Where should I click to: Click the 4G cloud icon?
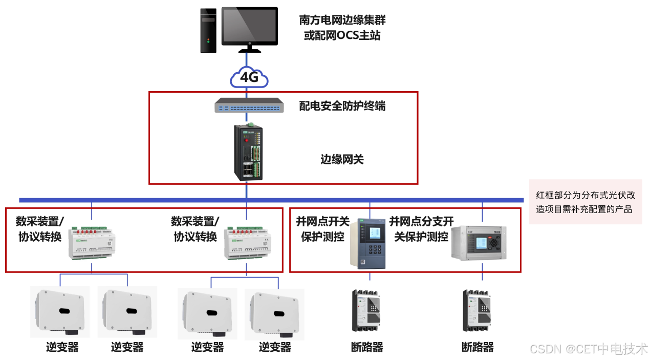[x=249, y=77]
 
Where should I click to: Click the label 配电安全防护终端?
[x=342, y=106]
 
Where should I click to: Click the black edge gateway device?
[x=249, y=152]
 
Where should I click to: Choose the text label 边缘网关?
[x=342, y=159]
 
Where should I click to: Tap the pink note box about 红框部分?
[x=585, y=202]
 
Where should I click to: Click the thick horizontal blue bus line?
[x=154, y=200]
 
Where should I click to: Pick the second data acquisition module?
[x=247, y=241]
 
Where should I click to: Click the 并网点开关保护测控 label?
[x=322, y=229]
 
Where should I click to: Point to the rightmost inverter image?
[x=275, y=313]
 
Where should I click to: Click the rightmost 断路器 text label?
[x=478, y=347]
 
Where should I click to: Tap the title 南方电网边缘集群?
[x=342, y=20]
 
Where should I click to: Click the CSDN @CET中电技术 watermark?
[x=588, y=349]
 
